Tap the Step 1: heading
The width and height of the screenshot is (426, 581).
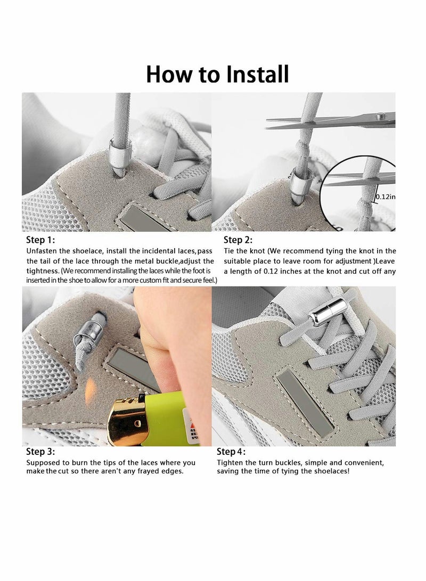click(x=40, y=240)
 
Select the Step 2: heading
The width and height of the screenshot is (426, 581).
click(x=238, y=240)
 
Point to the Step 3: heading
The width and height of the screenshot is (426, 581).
click(x=40, y=451)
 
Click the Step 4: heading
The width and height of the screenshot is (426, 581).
click(x=231, y=451)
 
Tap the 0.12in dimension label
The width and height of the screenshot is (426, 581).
click(x=386, y=197)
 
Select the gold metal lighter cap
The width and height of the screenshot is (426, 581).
click(x=127, y=421)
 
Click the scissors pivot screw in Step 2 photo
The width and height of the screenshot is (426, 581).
click(x=379, y=117)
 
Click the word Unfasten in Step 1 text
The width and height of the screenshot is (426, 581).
click(x=42, y=251)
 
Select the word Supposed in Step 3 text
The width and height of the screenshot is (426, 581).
click(x=42, y=463)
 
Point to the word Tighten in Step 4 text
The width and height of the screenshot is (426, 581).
click(x=230, y=463)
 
